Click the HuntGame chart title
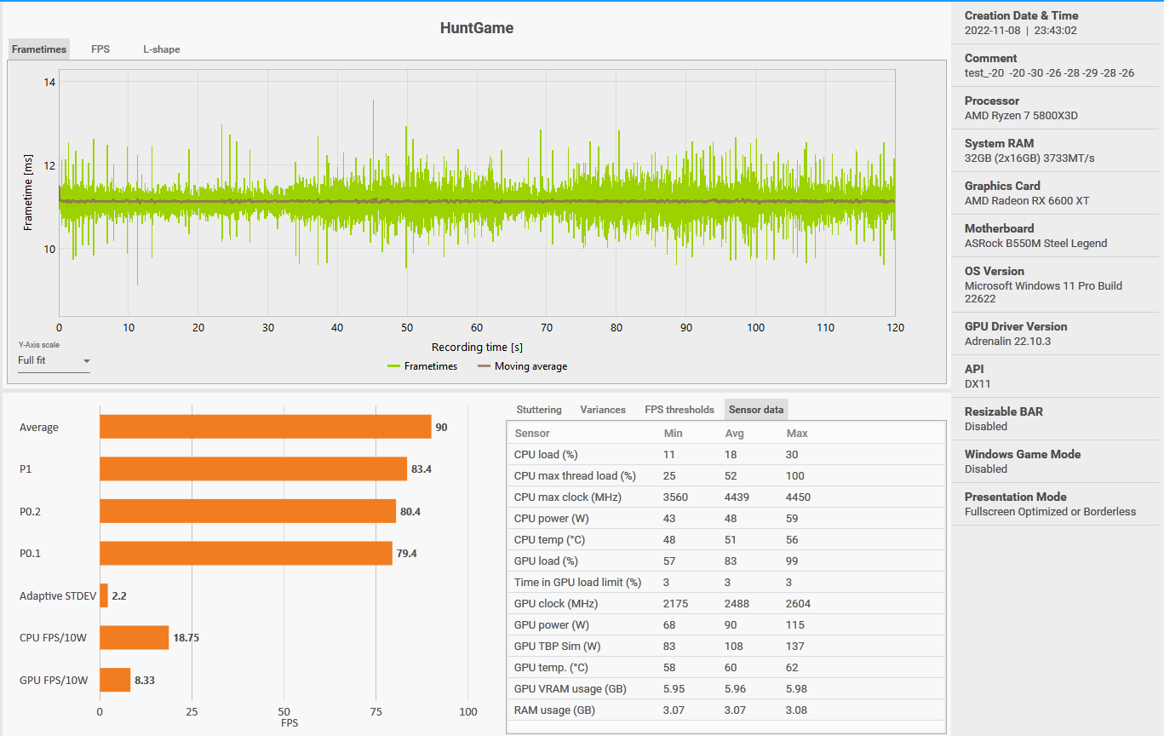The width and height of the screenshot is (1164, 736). [476, 28]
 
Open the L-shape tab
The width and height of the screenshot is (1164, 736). [161, 49]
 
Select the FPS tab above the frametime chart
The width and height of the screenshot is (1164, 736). [100, 49]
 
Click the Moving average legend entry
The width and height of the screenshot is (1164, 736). [522, 366]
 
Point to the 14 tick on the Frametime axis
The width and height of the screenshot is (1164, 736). [49, 83]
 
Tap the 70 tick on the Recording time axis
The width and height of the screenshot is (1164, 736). [547, 328]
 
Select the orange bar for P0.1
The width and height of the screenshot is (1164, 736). [245, 554]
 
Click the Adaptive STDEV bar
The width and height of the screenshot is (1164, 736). [104, 595]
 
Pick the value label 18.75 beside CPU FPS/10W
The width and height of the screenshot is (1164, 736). [186, 637]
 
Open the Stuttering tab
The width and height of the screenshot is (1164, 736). [539, 410]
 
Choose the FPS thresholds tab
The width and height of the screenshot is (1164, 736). [679, 410]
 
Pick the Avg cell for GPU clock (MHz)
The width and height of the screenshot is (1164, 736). [736, 604]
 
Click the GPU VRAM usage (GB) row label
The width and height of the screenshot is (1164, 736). [570, 689]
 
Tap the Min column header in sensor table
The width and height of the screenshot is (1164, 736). [673, 434]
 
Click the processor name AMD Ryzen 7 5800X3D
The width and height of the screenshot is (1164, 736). [1021, 116]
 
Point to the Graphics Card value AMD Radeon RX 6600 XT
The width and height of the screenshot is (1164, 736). [1027, 201]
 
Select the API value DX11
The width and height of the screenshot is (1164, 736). [978, 384]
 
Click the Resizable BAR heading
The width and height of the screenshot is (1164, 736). [1003, 411]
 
